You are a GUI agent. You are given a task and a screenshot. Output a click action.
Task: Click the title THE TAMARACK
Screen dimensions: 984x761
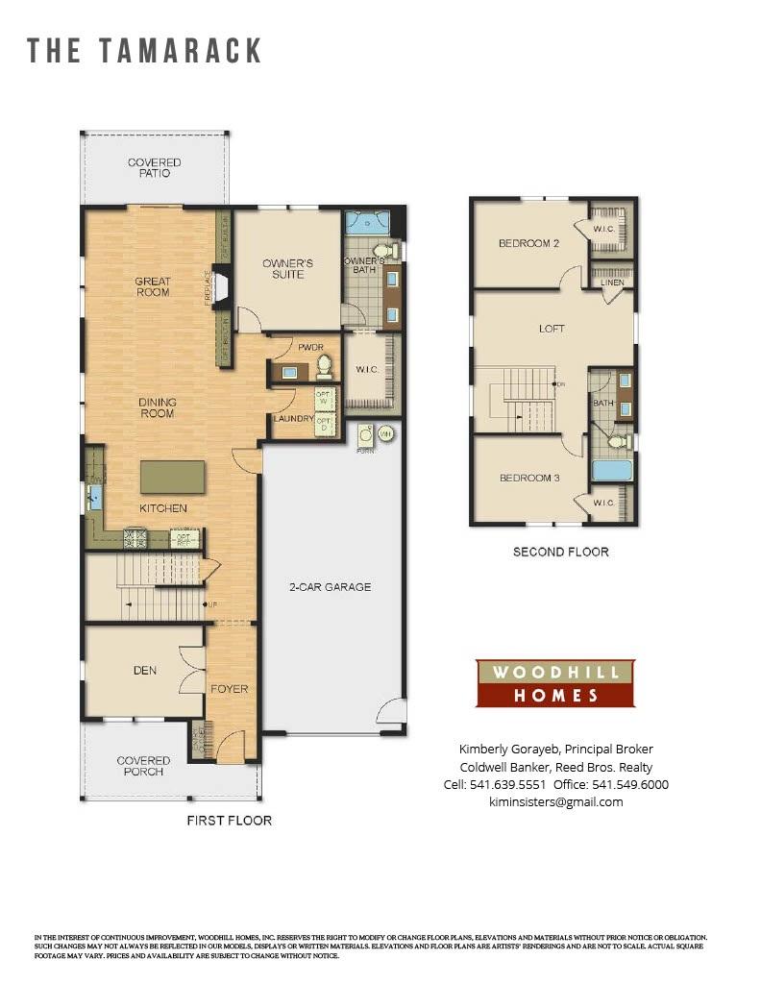pyautogui.click(x=144, y=51)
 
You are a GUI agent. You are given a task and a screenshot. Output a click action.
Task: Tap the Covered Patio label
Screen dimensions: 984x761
pyautogui.click(x=154, y=168)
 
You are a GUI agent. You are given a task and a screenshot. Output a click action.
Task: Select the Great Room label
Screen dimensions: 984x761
pyautogui.click(x=153, y=286)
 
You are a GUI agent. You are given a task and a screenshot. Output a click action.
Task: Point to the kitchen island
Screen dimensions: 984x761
pyautogui.click(x=173, y=477)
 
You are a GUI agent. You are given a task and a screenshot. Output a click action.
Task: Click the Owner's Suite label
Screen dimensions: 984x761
pyautogui.click(x=288, y=268)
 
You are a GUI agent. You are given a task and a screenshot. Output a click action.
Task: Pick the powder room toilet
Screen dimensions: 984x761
pyautogui.click(x=324, y=365)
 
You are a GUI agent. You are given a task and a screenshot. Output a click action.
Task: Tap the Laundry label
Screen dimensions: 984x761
pyautogui.click(x=293, y=419)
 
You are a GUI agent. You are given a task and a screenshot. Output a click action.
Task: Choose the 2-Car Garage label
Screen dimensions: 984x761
pyautogui.click(x=331, y=587)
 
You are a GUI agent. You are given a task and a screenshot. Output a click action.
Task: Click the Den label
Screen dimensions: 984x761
pyautogui.click(x=145, y=670)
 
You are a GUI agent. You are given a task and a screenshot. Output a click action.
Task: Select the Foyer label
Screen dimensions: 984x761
pyautogui.click(x=231, y=689)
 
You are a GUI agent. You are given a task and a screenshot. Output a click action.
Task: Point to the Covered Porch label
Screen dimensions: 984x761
pyautogui.click(x=143, y=766)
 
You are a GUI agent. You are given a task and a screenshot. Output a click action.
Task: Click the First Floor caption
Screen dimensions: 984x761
pyautogui.click(x=229, y=821)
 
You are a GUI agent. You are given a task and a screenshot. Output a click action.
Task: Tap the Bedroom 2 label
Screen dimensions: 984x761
pyautogui.click(x=528, y=243)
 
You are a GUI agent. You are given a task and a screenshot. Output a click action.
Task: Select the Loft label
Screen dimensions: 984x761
pyautogui.click(x=552, y=329)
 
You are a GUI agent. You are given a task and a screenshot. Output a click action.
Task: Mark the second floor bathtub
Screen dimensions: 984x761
pyautogui.click(x=611, y=471)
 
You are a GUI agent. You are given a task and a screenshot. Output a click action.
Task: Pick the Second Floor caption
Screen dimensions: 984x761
pyautogui.click(x=560, y=552)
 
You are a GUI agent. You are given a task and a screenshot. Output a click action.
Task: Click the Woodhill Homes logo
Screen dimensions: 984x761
pyautogui.click(x=555, y=683)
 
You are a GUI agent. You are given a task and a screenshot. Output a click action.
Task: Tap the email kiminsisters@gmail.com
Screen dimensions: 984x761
pyautogui.click(x=555, y=801)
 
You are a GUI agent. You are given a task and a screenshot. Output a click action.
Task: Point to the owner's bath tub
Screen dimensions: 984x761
pyautogui.click(x=366, y=223)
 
